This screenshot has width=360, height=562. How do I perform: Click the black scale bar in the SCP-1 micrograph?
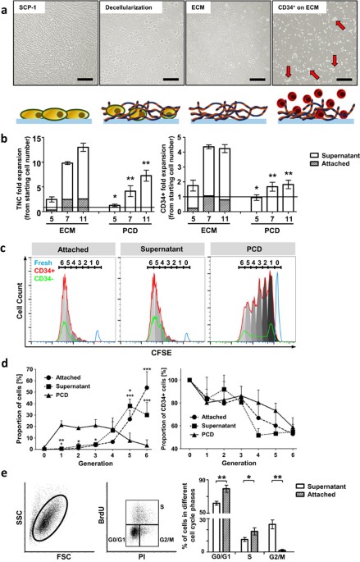pyautogui.click(x=84, y=80)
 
